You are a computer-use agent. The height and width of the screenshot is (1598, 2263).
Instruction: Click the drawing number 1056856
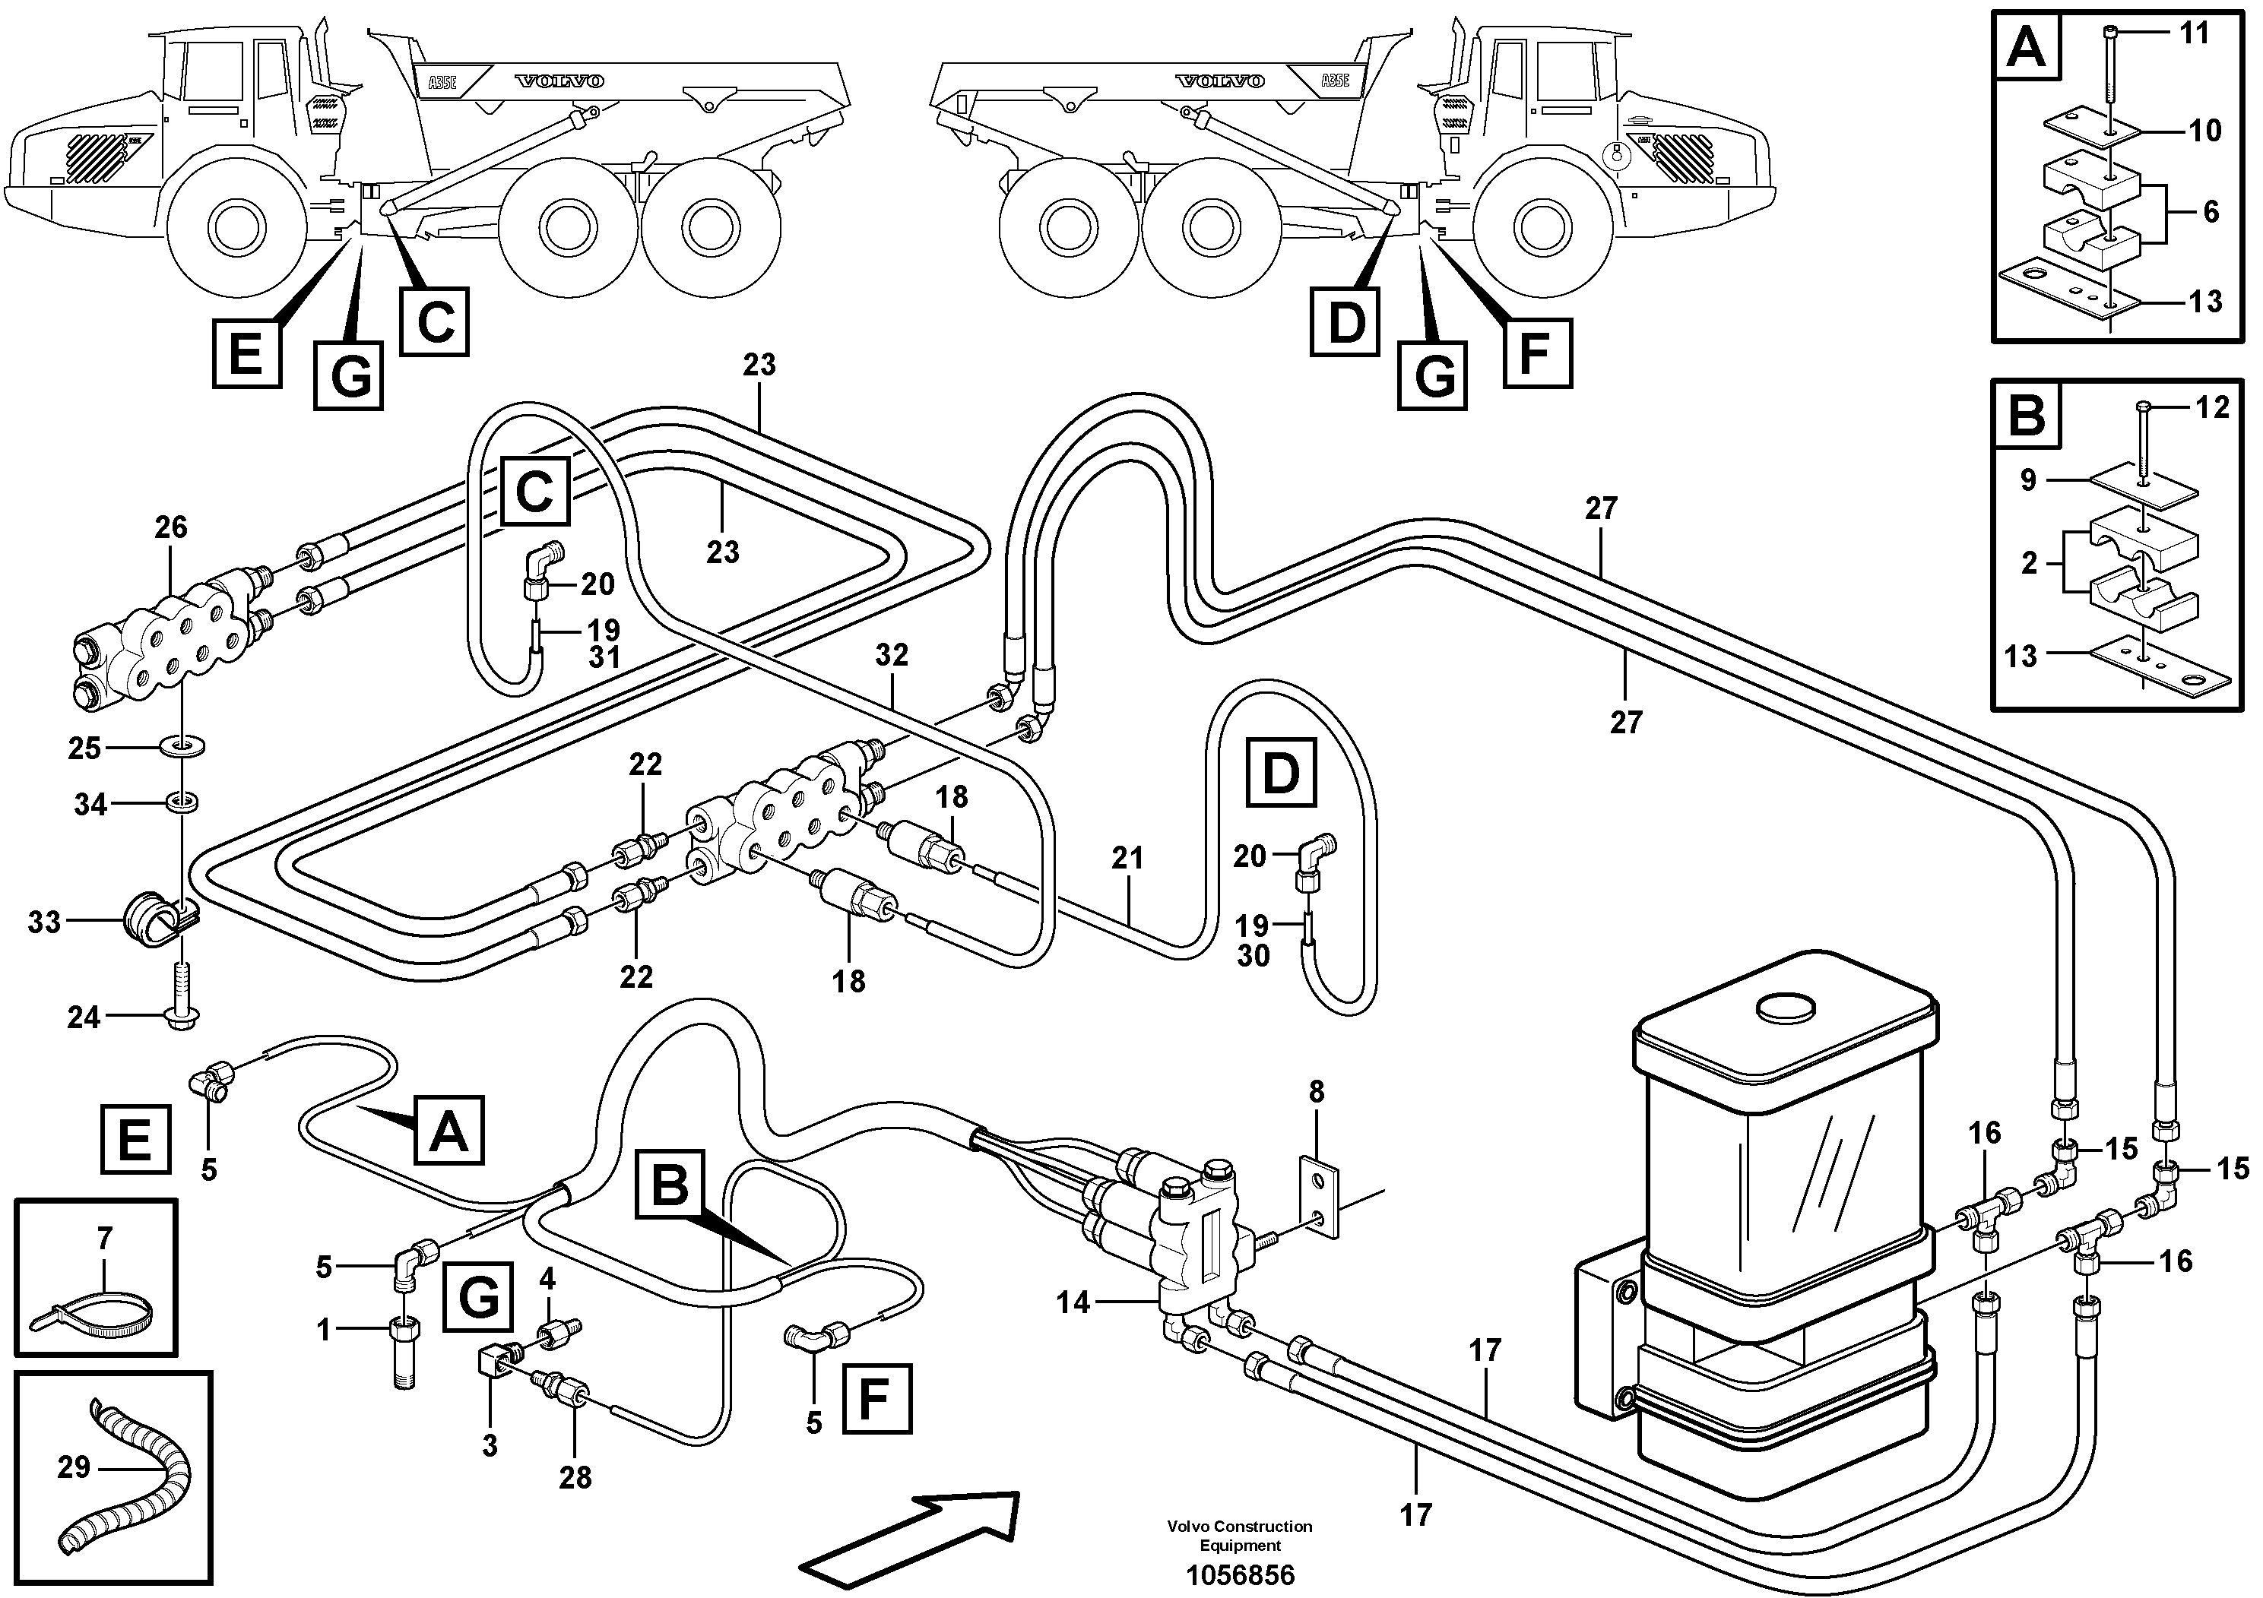click(x=1239, y=1575)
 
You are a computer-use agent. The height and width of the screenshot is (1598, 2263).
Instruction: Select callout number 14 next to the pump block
click(x=1073, y=1302)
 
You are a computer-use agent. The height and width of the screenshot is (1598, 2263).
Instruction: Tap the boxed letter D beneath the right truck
click(x=1345, y=322)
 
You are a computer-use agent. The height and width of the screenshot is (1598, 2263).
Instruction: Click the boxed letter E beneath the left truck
click(x=246, y=353)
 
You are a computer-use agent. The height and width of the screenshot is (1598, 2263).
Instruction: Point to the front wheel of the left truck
click(x=236, y=229)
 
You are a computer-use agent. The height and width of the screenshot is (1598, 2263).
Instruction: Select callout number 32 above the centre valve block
click(x=891, y=655)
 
